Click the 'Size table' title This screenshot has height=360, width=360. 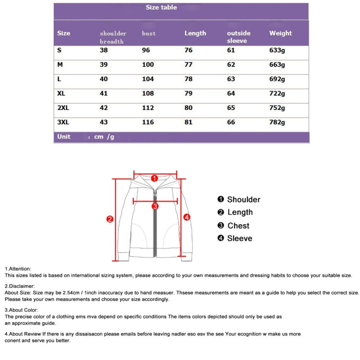tap(161, 7)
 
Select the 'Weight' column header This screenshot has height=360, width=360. tap(280, 33)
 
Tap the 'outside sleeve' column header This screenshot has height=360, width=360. tap(239, 37)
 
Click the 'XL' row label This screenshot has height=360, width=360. tap(61, 93)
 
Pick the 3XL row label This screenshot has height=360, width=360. tap(63, 122)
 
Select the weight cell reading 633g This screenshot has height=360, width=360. tap(277, 50)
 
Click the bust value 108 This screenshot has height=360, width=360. tap(148, 93)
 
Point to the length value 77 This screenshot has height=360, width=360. tap(188, 64)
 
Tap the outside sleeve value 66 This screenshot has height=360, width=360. tap(231, 122)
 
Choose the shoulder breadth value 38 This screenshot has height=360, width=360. tap(104, 50)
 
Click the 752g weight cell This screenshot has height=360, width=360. tap(277, 108)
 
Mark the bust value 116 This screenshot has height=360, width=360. tap(148, 122)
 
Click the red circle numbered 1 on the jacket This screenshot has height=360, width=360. tap(155, 178)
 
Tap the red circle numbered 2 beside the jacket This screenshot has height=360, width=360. tap(109, 219)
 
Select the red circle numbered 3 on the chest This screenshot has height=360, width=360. tap(155, 206)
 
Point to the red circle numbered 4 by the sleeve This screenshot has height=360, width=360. tap(187, 217)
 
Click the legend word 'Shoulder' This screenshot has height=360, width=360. tap(243, 200)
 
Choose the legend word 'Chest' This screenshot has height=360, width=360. tap(238, 226)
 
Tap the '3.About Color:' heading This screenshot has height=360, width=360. tap(21, 310)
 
